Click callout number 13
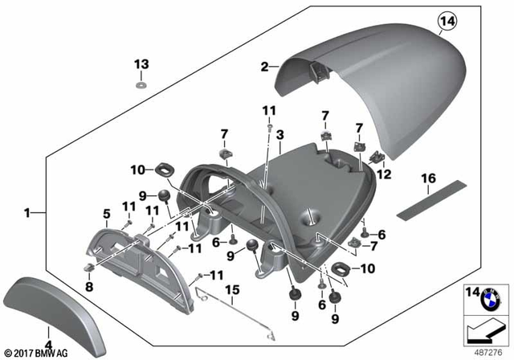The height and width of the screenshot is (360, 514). point(141,64)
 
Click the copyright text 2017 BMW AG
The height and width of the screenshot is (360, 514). point(38,352)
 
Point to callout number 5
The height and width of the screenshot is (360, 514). point(105,214)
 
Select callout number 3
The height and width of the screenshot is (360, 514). point(279,138)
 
